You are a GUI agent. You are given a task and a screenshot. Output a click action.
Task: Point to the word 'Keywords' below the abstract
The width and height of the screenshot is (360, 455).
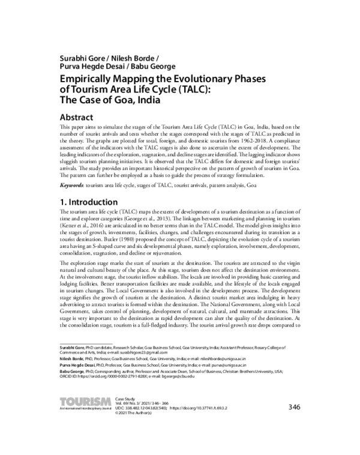(73, 187)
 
